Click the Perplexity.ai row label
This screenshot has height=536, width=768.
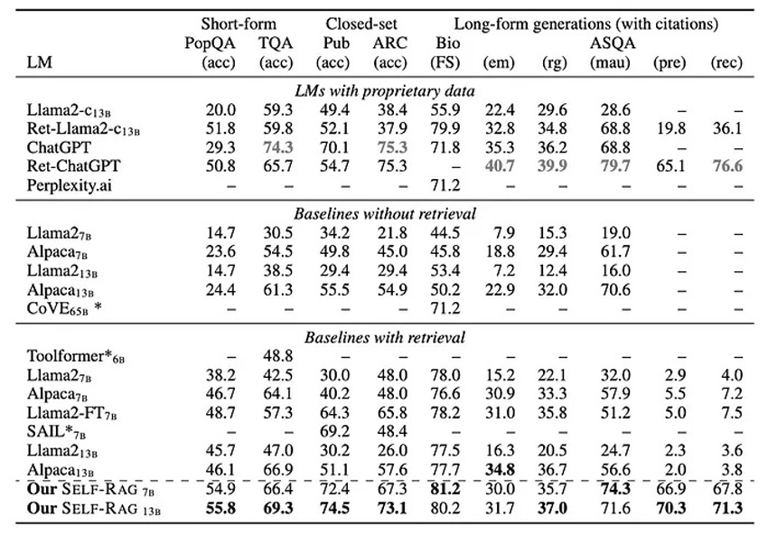69,185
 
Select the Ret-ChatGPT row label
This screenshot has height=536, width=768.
73,166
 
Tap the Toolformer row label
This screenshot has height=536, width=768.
75,356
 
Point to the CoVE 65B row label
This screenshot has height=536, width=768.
64,308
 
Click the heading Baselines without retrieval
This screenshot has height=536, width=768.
385,214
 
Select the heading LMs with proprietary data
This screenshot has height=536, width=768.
385,91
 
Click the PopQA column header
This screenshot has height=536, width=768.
210,43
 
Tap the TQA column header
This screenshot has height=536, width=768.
276,43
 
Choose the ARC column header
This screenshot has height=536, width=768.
390,43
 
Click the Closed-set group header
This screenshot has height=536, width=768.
361,24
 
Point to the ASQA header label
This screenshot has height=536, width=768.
613,43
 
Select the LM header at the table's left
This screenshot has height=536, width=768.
39,62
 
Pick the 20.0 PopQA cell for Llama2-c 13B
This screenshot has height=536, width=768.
220,109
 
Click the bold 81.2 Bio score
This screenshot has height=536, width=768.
445,488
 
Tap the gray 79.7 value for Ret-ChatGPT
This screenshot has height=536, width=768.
615,166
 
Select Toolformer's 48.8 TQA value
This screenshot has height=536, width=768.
277,356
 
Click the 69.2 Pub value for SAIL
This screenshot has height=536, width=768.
334,432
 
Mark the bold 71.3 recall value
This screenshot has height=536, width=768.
727,508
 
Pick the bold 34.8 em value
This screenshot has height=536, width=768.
500,469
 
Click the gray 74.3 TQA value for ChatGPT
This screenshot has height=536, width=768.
277,147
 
